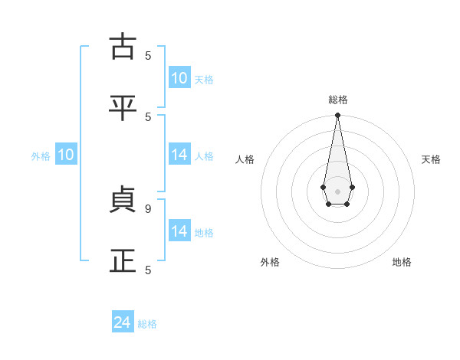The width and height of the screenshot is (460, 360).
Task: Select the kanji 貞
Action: tap(123, 200)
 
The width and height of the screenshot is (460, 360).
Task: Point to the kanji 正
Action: tap(123, 261)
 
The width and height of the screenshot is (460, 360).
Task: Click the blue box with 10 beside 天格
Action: tap(179, 78)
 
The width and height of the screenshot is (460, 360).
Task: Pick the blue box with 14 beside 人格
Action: tap(179, 155)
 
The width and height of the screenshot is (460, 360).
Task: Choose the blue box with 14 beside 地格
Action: tap(179, 231)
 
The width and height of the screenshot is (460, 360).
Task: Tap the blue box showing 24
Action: tap(123, 322)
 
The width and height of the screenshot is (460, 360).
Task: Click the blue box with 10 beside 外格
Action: tap(66, 155)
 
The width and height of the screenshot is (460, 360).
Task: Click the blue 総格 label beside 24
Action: tap(147, 324)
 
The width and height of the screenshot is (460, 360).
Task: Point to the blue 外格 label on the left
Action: tap(41, 156)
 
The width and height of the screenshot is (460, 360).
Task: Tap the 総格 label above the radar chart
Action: tap(337, 100)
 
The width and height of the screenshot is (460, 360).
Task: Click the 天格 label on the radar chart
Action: tap(431, 159)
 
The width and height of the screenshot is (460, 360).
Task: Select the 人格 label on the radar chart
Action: tap(245, 159)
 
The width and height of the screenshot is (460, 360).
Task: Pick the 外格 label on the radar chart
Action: tap(270, 262)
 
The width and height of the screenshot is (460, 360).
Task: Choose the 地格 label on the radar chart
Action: tap(402, 262)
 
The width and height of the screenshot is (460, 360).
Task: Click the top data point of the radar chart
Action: tap(337, 116)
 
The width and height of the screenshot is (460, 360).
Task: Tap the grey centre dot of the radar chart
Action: tap(337, 191)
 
